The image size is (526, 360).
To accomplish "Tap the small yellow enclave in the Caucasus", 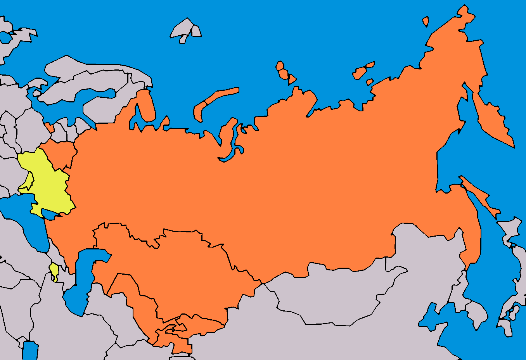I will coord(54,268).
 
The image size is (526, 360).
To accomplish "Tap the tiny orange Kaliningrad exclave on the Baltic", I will coord(49,127).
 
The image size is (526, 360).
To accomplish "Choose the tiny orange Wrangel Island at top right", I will coord(426,21).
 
